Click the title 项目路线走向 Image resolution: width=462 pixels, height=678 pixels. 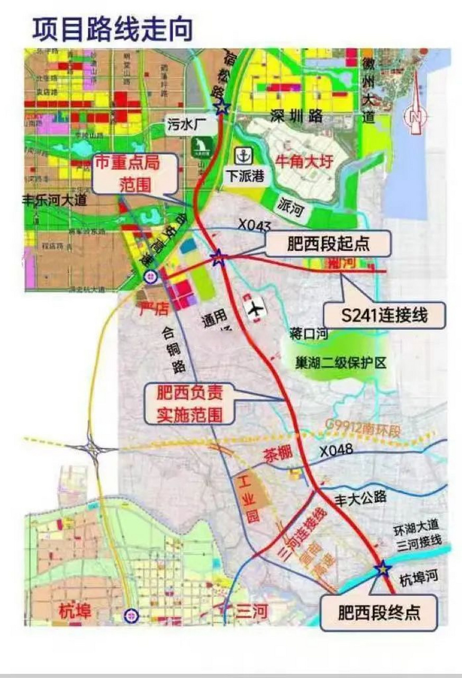[113, 30]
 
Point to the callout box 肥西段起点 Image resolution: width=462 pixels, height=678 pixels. [330, 244]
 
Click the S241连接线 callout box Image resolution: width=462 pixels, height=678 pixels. [385, 316]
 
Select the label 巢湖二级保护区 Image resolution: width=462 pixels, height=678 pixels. [342, 363]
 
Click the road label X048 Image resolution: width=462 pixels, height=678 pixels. [336, 451]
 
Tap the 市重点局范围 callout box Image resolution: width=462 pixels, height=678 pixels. [134, 173]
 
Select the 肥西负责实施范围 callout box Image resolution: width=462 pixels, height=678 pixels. [190, 404]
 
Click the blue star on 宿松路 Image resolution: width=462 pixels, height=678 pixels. [222, 107]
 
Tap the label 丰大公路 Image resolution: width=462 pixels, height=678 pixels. [361, 497]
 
